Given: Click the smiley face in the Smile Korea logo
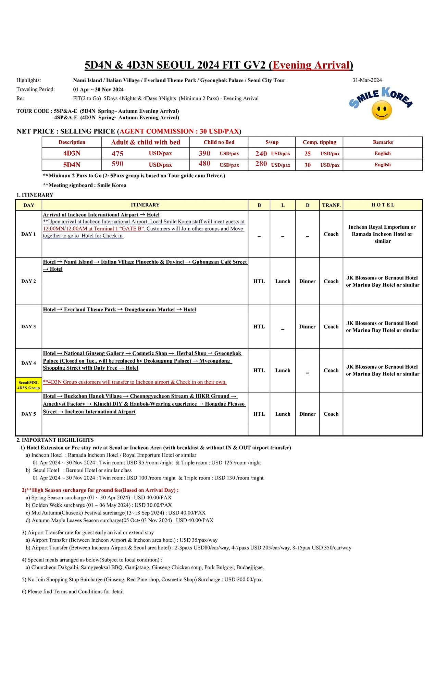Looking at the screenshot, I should tap(382, 110).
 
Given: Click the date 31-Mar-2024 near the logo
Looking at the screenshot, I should tap(367, 80).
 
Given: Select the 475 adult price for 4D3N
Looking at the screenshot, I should tap(117, 154).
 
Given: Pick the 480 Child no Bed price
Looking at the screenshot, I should tap(204, 164).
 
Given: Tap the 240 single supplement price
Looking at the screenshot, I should tap(261, 154).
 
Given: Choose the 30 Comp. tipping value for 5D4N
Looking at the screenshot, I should tap(308, 165).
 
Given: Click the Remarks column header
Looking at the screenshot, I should tap(383, 142).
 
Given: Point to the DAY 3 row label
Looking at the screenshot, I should tap(28, 327).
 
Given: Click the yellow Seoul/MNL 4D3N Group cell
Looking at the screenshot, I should tap(29, 385).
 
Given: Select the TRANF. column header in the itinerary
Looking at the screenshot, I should tap(331, 205).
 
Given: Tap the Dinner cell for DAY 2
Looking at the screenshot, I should tap(307, 281).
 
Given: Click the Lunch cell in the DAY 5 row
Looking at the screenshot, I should tap(283, 414).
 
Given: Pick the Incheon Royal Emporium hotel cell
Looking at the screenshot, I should tap(382, 234).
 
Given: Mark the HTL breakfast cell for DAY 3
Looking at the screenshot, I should tap(259, 327).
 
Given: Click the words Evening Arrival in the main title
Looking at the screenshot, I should tap(311, 65).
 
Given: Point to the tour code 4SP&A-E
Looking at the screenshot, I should tap(66, 118).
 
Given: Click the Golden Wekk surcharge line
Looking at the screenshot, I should tap(101, 505).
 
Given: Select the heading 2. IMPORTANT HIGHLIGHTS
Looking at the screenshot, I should tap(55, 440).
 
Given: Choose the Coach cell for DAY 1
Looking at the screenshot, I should tap(331, 234).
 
